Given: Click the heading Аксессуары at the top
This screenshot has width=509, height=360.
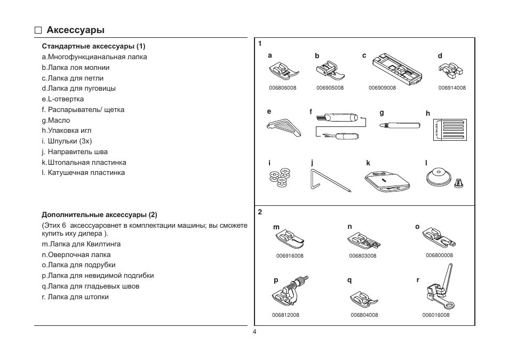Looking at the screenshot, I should (75, 30).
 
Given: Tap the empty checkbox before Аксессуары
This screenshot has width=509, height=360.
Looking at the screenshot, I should (38, 30).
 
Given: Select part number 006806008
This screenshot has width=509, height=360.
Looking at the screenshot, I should (283, 87).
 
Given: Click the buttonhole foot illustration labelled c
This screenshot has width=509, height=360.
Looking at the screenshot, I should (396, 68).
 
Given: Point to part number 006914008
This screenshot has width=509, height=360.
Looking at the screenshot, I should (452, 87).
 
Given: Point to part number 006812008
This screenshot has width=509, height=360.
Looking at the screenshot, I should (285, 315).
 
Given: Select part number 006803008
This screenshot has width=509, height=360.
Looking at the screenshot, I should (363, 256).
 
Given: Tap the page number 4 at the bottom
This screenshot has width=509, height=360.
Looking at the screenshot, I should (254, 332).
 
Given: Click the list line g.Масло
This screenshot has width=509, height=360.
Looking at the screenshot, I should (56, 120).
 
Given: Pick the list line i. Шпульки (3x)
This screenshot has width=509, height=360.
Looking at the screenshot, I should (67, 141).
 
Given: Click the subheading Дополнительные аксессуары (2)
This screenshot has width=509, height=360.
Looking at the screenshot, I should (100, 215).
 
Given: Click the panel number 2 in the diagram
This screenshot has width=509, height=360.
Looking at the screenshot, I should (260, 212).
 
